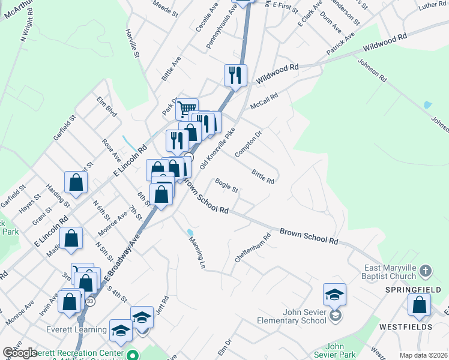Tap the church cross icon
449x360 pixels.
(x=426, y=271)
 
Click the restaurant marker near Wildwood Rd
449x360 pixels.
(x=235, y=76)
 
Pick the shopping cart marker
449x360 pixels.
(x=187, y=109)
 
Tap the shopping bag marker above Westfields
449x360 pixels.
(x=419, y=305)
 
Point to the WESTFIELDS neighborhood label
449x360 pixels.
(x=405, y=327)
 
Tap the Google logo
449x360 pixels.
(x=20, y=353)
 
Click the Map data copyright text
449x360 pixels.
(x=423, y=355)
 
